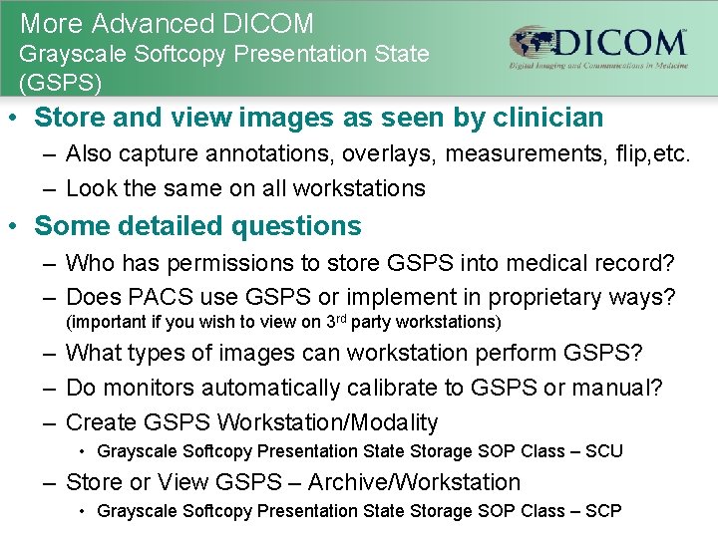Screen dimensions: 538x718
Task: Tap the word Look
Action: tap(89, 188)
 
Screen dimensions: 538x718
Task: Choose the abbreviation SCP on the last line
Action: tap(601, 511)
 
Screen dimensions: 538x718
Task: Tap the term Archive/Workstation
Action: tap(414, 483)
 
